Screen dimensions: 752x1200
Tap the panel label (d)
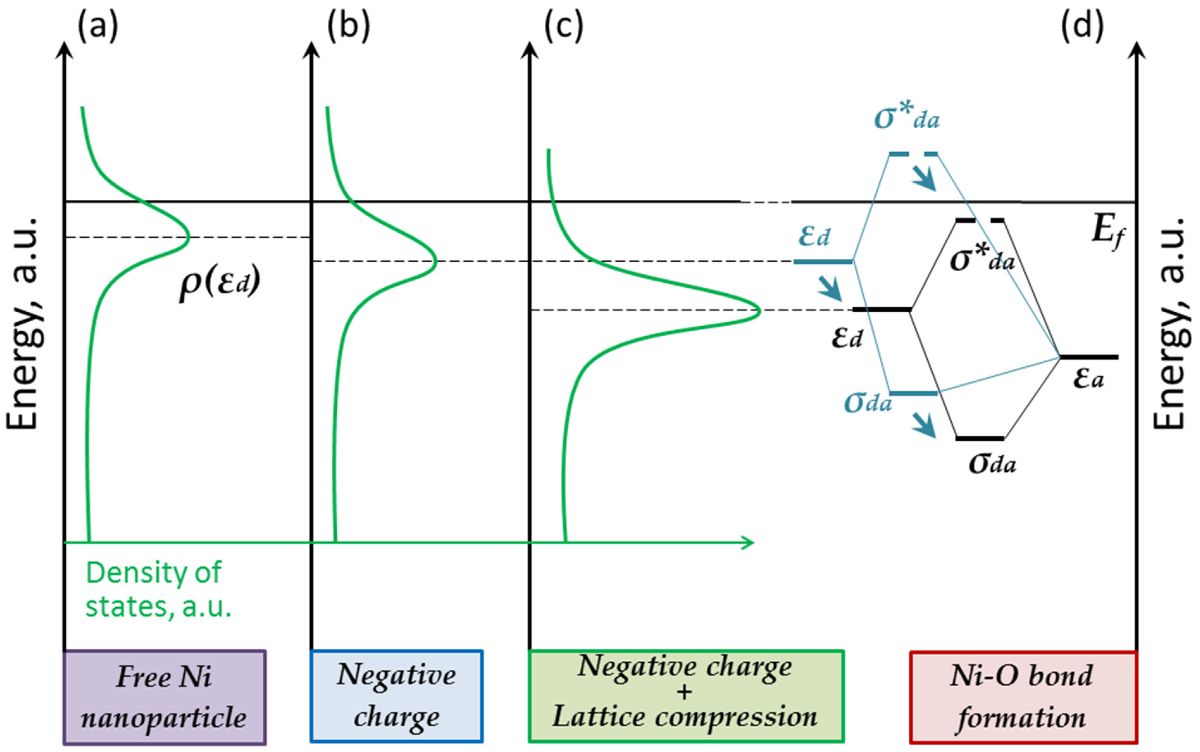point(1082,26)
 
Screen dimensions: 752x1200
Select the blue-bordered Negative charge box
point(397,696)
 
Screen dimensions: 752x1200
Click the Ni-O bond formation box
point(1023,697)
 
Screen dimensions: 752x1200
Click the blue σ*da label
point(906,118)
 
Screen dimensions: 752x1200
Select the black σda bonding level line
point(979,439)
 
